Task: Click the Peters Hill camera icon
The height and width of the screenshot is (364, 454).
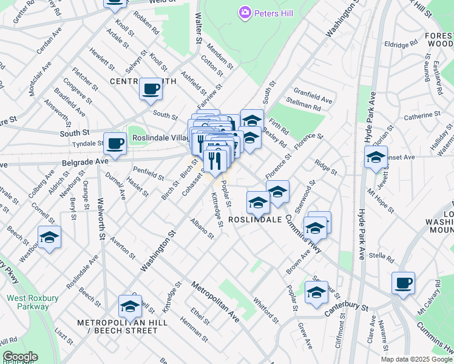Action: coord(245,12)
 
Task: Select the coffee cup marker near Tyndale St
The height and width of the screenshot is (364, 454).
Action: coord(115,144)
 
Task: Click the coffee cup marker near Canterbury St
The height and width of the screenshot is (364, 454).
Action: coord(403,283)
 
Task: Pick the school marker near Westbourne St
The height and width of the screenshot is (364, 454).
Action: coord(49,237)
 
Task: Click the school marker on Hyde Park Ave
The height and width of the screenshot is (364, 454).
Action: coord(376,158)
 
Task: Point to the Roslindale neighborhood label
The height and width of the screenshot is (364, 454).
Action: coord(255,220)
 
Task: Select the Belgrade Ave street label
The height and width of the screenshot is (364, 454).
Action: coord(86,162)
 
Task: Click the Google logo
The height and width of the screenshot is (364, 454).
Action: coord(20,357)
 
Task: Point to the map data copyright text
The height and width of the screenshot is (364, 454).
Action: coord(416,359)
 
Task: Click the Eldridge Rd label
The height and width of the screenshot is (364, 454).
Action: coord(401,44)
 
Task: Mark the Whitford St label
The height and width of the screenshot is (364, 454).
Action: coord(265,309)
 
